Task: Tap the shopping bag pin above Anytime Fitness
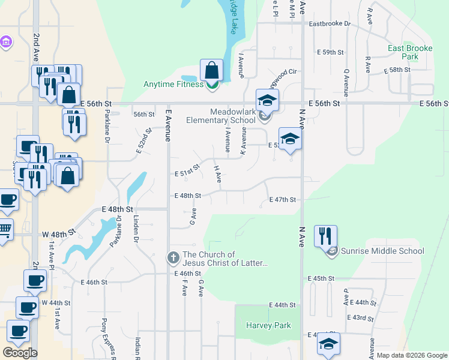click(212, 70)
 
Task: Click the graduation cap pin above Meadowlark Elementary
click(267, 100)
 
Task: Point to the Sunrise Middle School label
click(382, 251)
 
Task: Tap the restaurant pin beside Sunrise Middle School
click(325, 235)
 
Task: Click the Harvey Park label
click(268, 326)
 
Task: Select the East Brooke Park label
click(402, 52)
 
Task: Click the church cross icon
click(173, 258)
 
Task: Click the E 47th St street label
click(283, 200)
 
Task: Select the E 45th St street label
click(321, 279)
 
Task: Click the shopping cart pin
click(4, 229)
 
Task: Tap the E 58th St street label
click(397, 70)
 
